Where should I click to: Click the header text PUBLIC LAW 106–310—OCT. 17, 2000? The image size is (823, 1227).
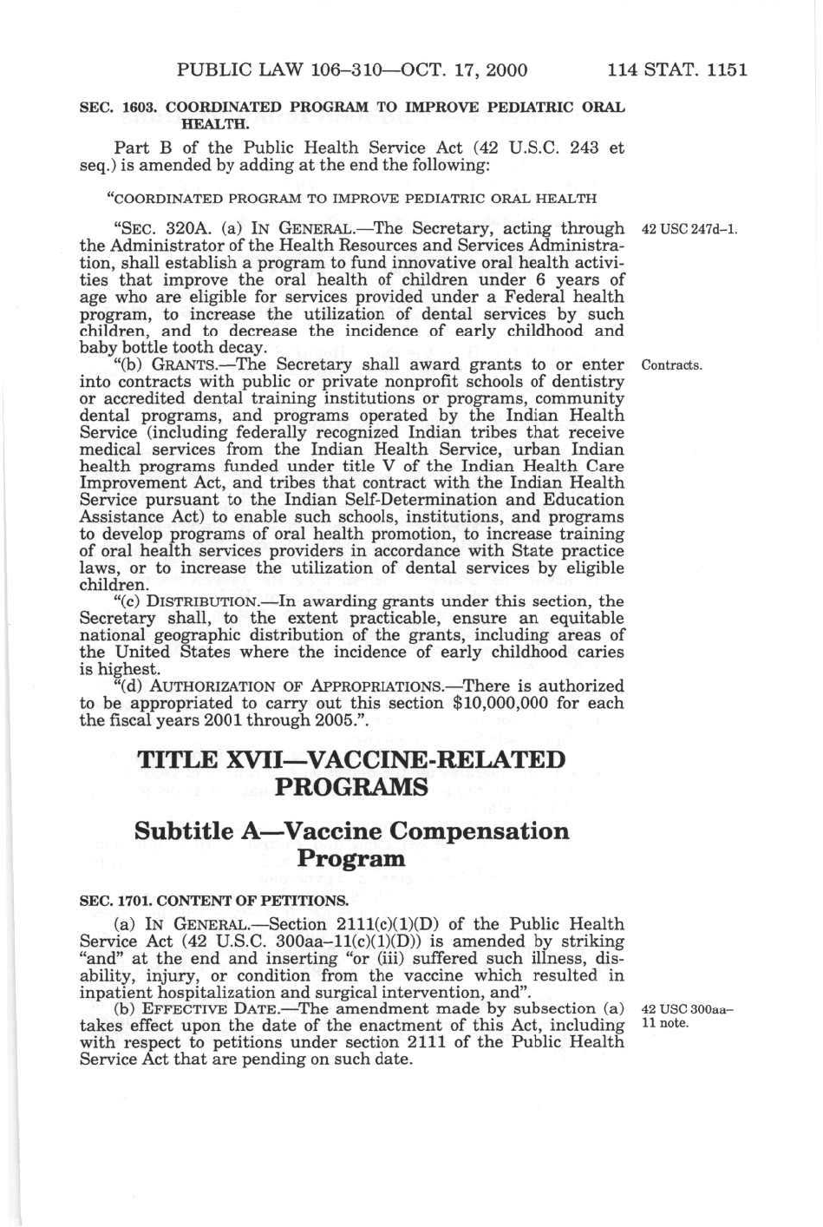(352, 70)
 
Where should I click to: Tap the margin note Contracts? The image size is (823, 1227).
(671, 364)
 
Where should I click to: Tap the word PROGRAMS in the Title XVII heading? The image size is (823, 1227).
(351, 787)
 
